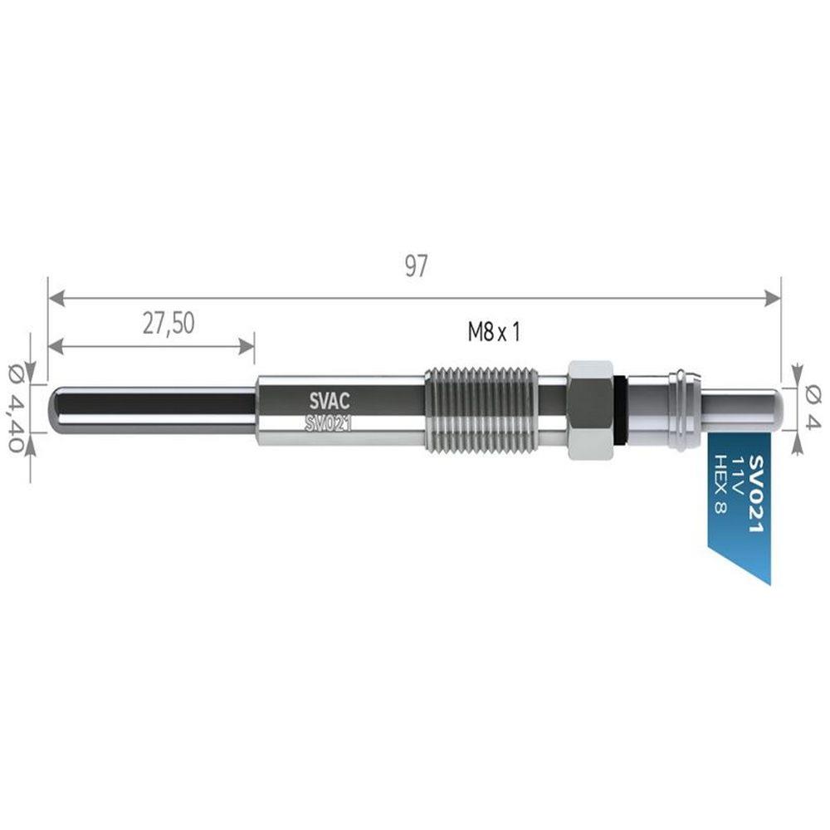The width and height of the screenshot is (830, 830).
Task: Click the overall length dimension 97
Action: (x=416, y=266)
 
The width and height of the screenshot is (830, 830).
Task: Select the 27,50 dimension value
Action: (x=168, y=324)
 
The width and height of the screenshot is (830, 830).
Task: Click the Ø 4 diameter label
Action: (x=812, y=407)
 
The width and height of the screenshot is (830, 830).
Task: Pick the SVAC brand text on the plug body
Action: (x=330, y=402)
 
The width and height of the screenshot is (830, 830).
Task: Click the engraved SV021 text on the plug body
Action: (x=329, y=423)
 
